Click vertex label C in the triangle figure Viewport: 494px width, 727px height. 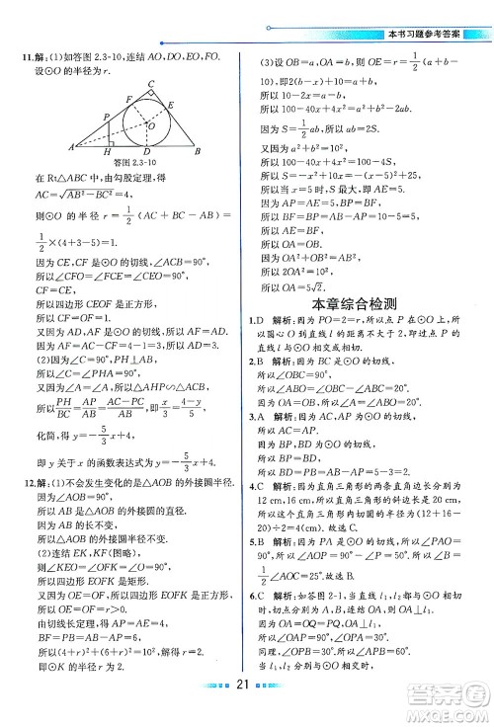pyautogui.click(x=151, y=84)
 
